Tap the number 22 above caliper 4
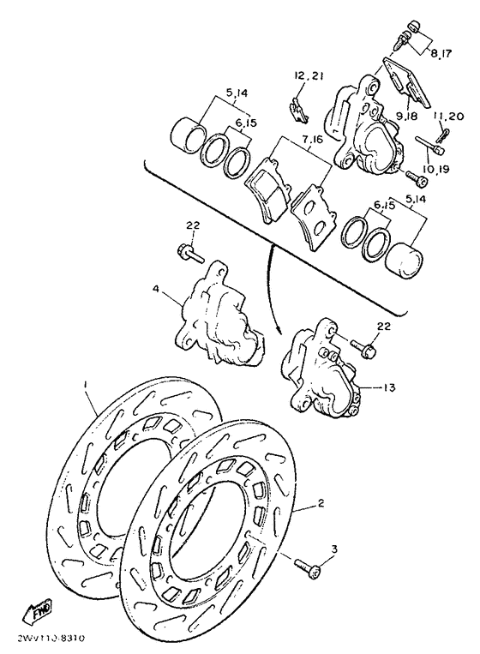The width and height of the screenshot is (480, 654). click(192, 225)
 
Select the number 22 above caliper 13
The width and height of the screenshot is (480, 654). click(382, 327)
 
